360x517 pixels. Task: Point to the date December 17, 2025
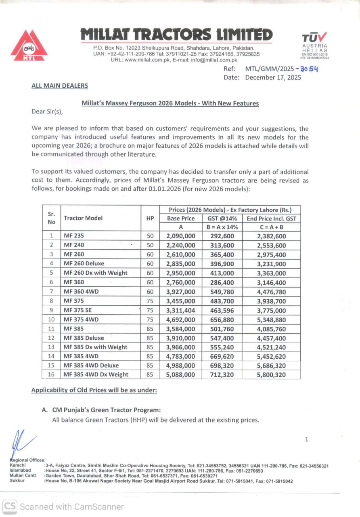click(273, 78)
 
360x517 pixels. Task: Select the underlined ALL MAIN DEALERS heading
click(60, 86)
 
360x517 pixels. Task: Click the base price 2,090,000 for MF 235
click(181, 236)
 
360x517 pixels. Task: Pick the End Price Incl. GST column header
click(271, 219)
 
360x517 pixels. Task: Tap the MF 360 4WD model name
click(81, 292)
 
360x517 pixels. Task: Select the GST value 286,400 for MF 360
click(222, 282)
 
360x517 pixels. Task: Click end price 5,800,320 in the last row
click(271, 374)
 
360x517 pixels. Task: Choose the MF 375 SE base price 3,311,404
click(181, 310)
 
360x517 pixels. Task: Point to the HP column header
click(150, 218)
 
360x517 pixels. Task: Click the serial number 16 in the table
click(51, 374)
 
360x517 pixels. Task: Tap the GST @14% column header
click(222, 219)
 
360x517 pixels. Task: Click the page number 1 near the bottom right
click(306, 439)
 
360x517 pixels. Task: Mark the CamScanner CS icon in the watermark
click(10, 506)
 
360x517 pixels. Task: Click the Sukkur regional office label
click(17, 481)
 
